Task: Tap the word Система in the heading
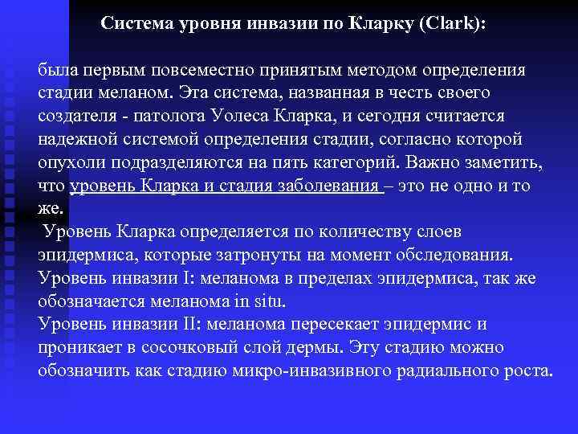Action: point(134,24)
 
